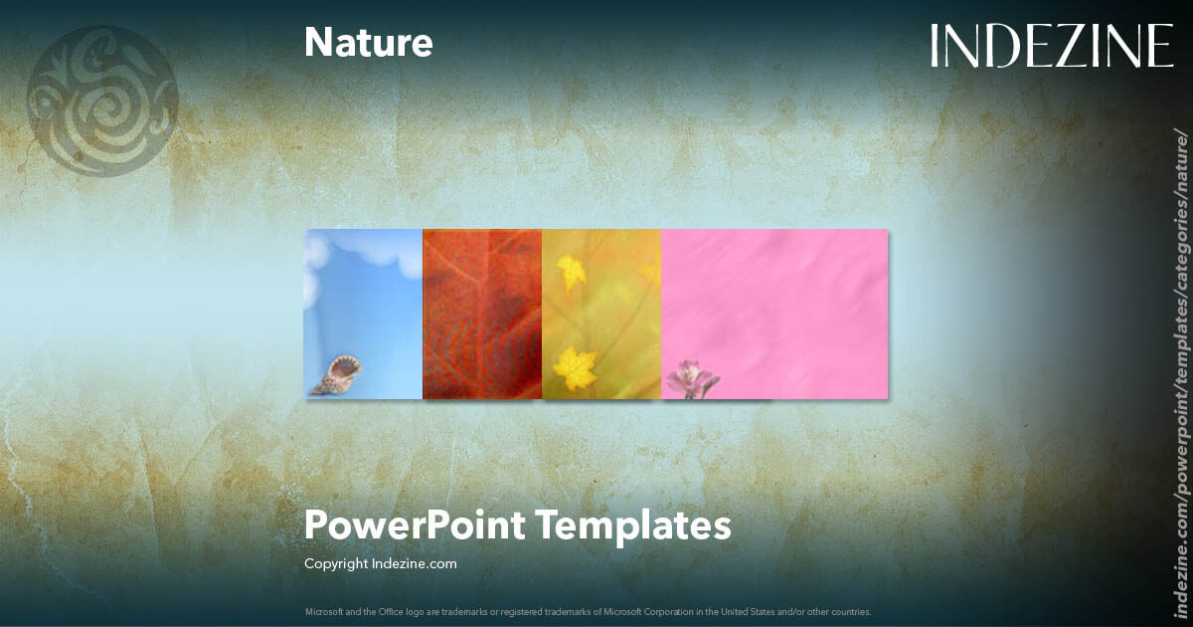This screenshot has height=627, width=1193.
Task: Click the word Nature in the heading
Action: [368, 43]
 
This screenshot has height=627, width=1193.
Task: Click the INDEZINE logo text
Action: [1052, 47]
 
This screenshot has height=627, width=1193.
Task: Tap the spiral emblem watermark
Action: [102, 101]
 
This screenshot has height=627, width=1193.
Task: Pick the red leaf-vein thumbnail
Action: [482, 313]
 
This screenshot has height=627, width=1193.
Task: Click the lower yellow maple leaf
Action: [575, 369]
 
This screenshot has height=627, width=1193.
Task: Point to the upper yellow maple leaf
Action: [571, 272]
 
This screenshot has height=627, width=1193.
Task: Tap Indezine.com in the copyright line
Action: [414, 563]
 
